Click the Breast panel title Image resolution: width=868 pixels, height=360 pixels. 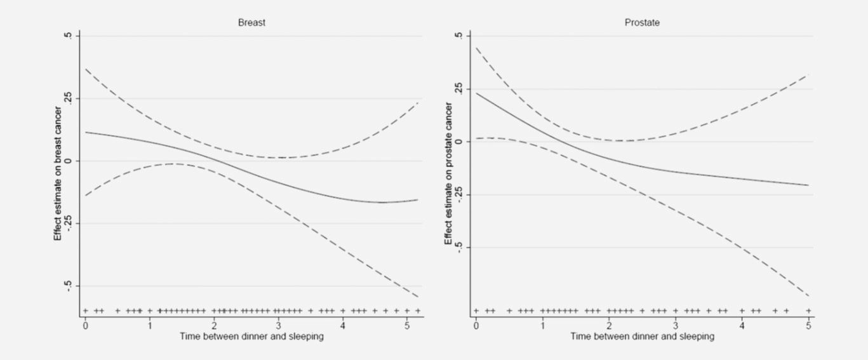pyautogui.click(x=251, y=22)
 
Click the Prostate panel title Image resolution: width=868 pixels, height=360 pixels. pyautogui.click(x=642, y=22)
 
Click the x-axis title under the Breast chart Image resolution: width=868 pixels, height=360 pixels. pyautogui.click(x=251, y=337)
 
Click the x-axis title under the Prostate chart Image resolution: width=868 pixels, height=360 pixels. pyautogui.click(x=642, y=337)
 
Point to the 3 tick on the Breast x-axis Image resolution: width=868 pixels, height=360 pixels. pyautogui.click(x=279, y=326)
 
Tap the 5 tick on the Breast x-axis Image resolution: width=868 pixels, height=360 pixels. pyautogui.click(x=407, y=326)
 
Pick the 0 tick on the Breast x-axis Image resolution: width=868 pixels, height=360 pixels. pyautogui.click(x=86, y=326)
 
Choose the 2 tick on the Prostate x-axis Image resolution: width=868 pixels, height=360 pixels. pyautogui.click(x=609, y=326)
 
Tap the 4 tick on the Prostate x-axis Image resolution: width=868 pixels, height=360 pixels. pyautogui.click(x=742, y=326)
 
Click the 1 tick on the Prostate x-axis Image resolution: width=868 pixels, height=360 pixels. pyautogui.click(x=542, y=326)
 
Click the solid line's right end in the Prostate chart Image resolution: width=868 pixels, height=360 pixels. pyautogui.click(x=808, y=185)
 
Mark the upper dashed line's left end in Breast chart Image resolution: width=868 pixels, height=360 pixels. pyautogui.click(x=86, y=69)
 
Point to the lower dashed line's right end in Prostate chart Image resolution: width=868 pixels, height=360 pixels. pyautogui.click(x=808, y=297)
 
